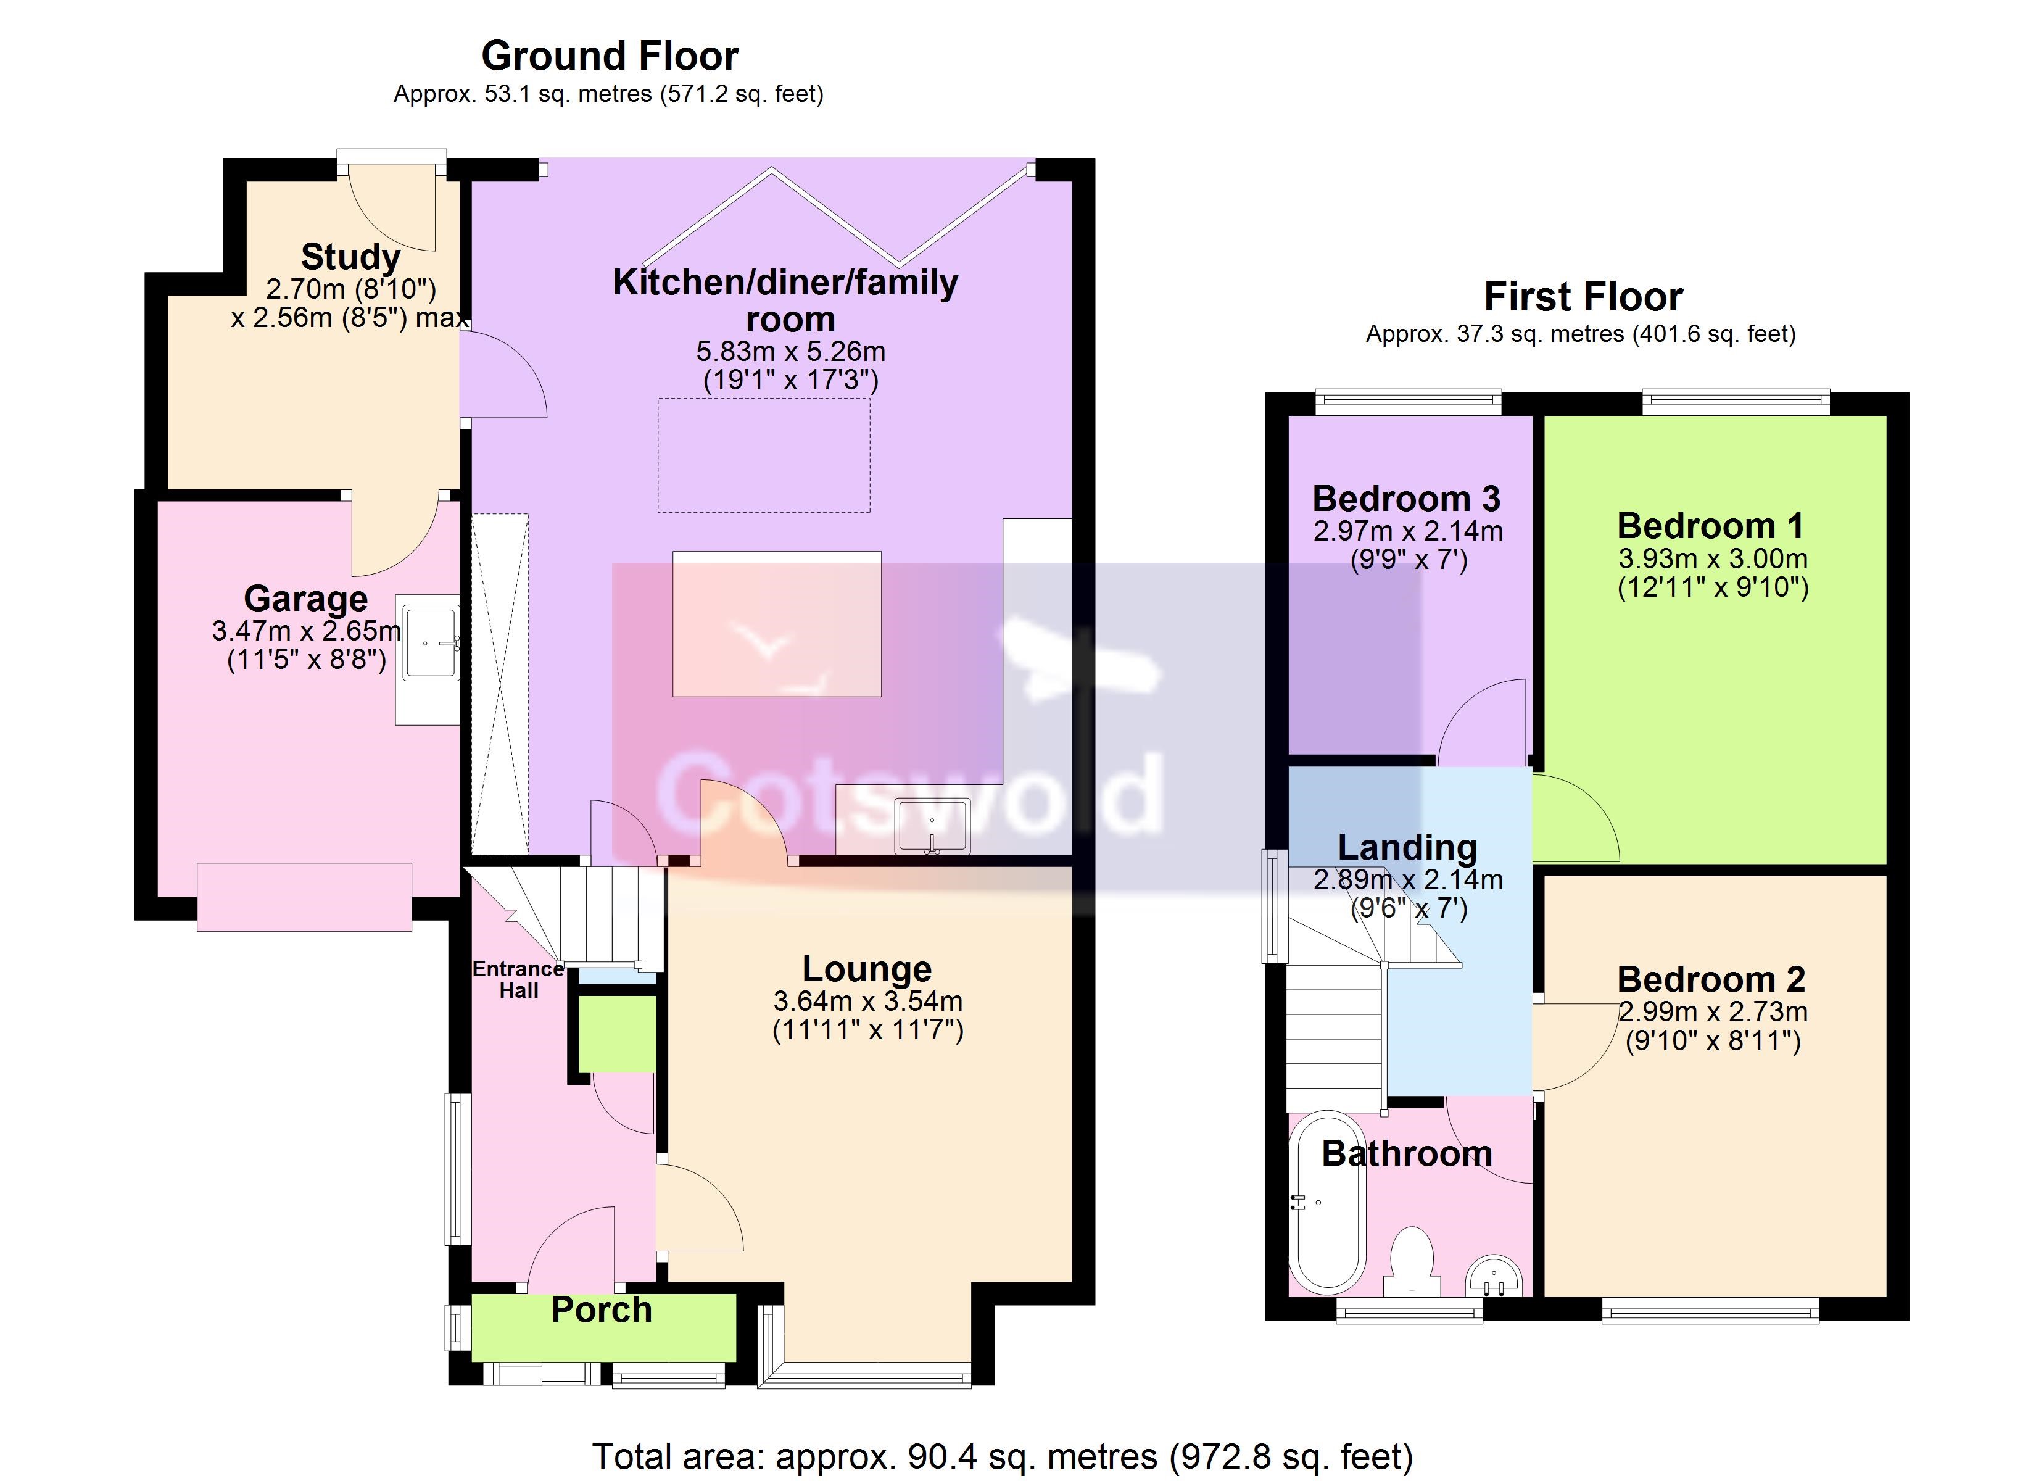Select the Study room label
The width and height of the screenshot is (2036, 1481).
click(x=350, y=257)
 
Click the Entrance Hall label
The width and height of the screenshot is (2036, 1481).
click(x=519, y=980)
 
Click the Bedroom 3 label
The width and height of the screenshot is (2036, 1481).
click(x=1407, y=499)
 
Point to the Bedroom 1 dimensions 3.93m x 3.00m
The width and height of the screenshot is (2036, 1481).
click(x=1713, y=558)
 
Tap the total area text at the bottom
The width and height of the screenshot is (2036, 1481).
click(x=1003, y=1456)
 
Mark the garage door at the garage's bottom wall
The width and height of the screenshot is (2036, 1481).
click(x=304, y=897)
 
